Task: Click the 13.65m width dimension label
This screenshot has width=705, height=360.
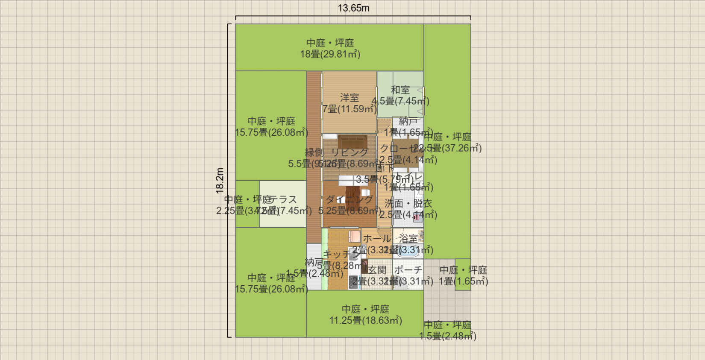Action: tap(353, 8)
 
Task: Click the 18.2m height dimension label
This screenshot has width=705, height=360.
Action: tap(220, 180)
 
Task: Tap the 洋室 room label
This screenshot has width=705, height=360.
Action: tap(349, 98)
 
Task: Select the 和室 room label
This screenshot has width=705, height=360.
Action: tap(400, 90)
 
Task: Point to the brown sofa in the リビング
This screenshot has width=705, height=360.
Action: tap(352, 141)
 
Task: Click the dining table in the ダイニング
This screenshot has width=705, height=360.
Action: tap(354, 194)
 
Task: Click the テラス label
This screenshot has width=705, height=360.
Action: tap(282, 199)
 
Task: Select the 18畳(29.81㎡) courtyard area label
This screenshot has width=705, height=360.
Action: tap(330, 54)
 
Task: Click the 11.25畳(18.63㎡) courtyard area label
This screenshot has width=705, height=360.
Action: tap(365, 320)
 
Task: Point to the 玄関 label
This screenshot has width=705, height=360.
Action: tap(377, 270)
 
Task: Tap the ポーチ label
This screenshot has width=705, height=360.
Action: tap(408, 270)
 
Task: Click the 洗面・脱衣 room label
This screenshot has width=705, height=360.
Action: tap(408, 204)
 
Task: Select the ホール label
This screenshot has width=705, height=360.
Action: tap(376, 238)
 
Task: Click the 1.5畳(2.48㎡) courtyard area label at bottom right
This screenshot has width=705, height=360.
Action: tap(447, 336)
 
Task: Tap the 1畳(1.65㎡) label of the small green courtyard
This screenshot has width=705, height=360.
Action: tap(463, 281)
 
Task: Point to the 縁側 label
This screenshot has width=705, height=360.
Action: tap(314, 152)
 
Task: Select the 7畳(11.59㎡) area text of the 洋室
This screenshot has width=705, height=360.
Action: tap(349, 109)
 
